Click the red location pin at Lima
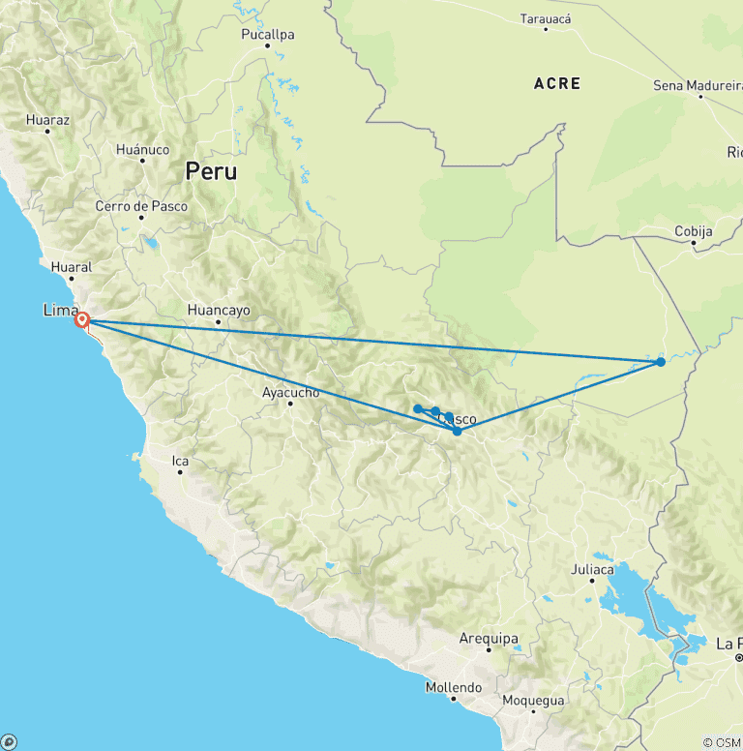click(82, 319)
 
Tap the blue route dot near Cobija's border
click(660, 362)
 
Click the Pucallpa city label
click(268, 35)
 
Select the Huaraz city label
click(48, 121)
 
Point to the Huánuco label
click(142, 150)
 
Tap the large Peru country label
click(211, 171)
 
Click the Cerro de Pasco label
click(141, 206)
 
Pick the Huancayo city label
click(219, 311)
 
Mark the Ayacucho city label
click(290, 393)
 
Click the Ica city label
click(180, 461)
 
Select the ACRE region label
click(557, 84)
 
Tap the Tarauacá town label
click(546, 19)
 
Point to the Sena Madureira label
click(697, 85)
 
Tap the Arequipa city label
click(490, 639)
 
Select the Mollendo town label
click(454, 688)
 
